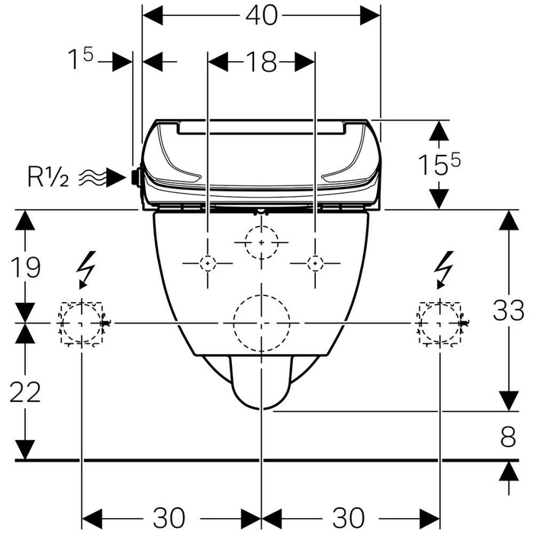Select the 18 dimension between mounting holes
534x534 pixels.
click(261, 62)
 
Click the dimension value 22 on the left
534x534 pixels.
click(25, 392)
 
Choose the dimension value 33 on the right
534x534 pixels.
click(508, 310)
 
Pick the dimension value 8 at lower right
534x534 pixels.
click(508, 437)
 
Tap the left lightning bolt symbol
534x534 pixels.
click(86, 269)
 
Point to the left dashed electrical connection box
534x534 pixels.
click(81, 323)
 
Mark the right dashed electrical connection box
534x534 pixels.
click(439, 323)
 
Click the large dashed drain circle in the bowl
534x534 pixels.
click(262, 323)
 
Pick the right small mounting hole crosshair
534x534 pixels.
click(314, 263)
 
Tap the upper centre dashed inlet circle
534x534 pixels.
click(262, 242)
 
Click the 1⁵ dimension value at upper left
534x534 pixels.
click(80, 62)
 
